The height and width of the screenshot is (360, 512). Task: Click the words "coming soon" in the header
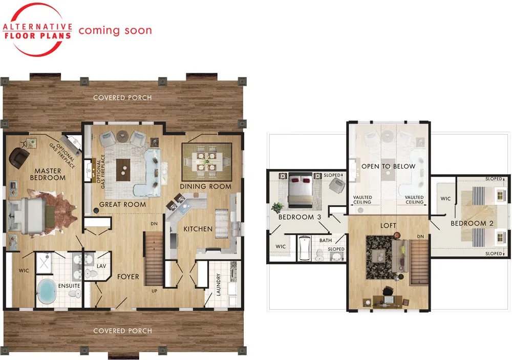pos(115,30)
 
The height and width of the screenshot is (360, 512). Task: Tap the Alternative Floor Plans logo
pos(37,30)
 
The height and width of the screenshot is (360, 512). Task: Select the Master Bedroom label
pos(48,174)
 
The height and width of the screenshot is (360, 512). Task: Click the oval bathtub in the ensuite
pos(47,292)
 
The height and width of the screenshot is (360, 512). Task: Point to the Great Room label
pos(122,204)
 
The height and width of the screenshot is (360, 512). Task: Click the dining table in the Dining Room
pos(206,162)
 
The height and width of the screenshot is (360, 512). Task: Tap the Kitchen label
pos(198,229)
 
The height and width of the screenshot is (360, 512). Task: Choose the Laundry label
pos(219,284)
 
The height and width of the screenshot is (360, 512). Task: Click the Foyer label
pos(128,277)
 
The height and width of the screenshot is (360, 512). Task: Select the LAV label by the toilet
pos(101,266)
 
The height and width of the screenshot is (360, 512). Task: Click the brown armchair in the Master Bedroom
pos(19,157)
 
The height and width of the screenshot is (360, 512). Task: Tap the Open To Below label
pos(388,166)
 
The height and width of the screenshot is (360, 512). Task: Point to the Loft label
pos(388,225)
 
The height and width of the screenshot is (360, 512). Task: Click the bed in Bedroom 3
pos(301,190)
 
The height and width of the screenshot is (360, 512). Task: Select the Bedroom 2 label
pos(472,223)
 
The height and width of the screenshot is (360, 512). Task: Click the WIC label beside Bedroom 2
pos(445,198)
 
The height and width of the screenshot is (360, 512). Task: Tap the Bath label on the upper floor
pos(326,241)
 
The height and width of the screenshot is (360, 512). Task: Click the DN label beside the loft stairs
pos(420,237)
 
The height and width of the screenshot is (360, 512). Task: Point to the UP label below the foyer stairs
pos(155,291)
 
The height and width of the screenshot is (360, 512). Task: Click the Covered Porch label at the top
pos(122,98)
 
